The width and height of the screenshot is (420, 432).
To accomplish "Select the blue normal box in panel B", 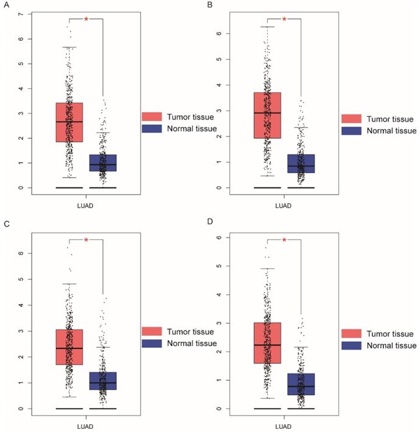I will pyautogui.click(x=301, y=163).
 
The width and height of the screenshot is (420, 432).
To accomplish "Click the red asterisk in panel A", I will pyautogui.click(x=86, y=19).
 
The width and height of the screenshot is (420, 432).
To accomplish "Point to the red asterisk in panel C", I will pyautogui.click(x=86, y=241).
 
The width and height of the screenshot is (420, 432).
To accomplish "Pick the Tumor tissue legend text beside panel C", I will pyautogui.click(x=189, y=331).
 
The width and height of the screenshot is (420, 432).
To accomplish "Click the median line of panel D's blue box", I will pyautogui.click(x=301, y=386).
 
